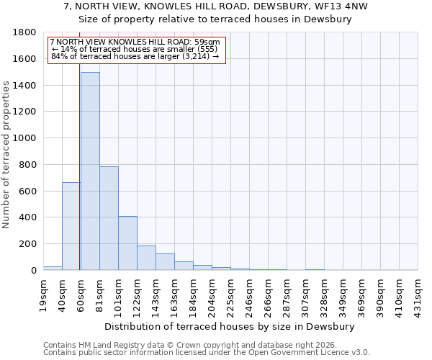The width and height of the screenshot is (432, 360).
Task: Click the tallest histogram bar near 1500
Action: tap(90, 171)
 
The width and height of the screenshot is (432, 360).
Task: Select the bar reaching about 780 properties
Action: tap(109, 218)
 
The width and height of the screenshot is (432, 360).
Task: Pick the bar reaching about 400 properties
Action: tap(127, 243)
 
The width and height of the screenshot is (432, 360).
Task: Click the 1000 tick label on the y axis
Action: tap(25, 138)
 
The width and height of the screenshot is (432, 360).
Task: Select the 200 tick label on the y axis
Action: tap(28, 244)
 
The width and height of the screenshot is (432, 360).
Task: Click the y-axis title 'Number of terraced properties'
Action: tap(7, 155)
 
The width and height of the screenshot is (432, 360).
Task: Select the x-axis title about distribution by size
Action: tap(230, 326)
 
